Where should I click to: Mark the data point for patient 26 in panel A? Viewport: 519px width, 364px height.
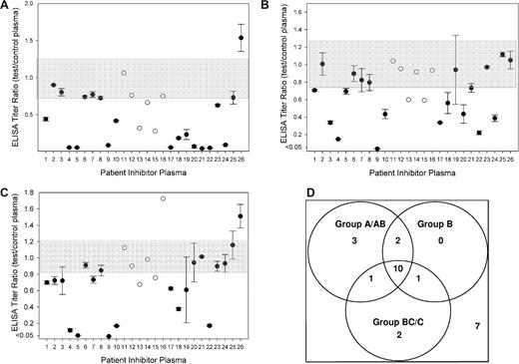pos(241,38)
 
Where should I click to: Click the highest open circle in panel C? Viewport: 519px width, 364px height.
pos(163,198)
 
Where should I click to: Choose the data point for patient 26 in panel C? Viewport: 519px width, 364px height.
pos(241,215)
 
